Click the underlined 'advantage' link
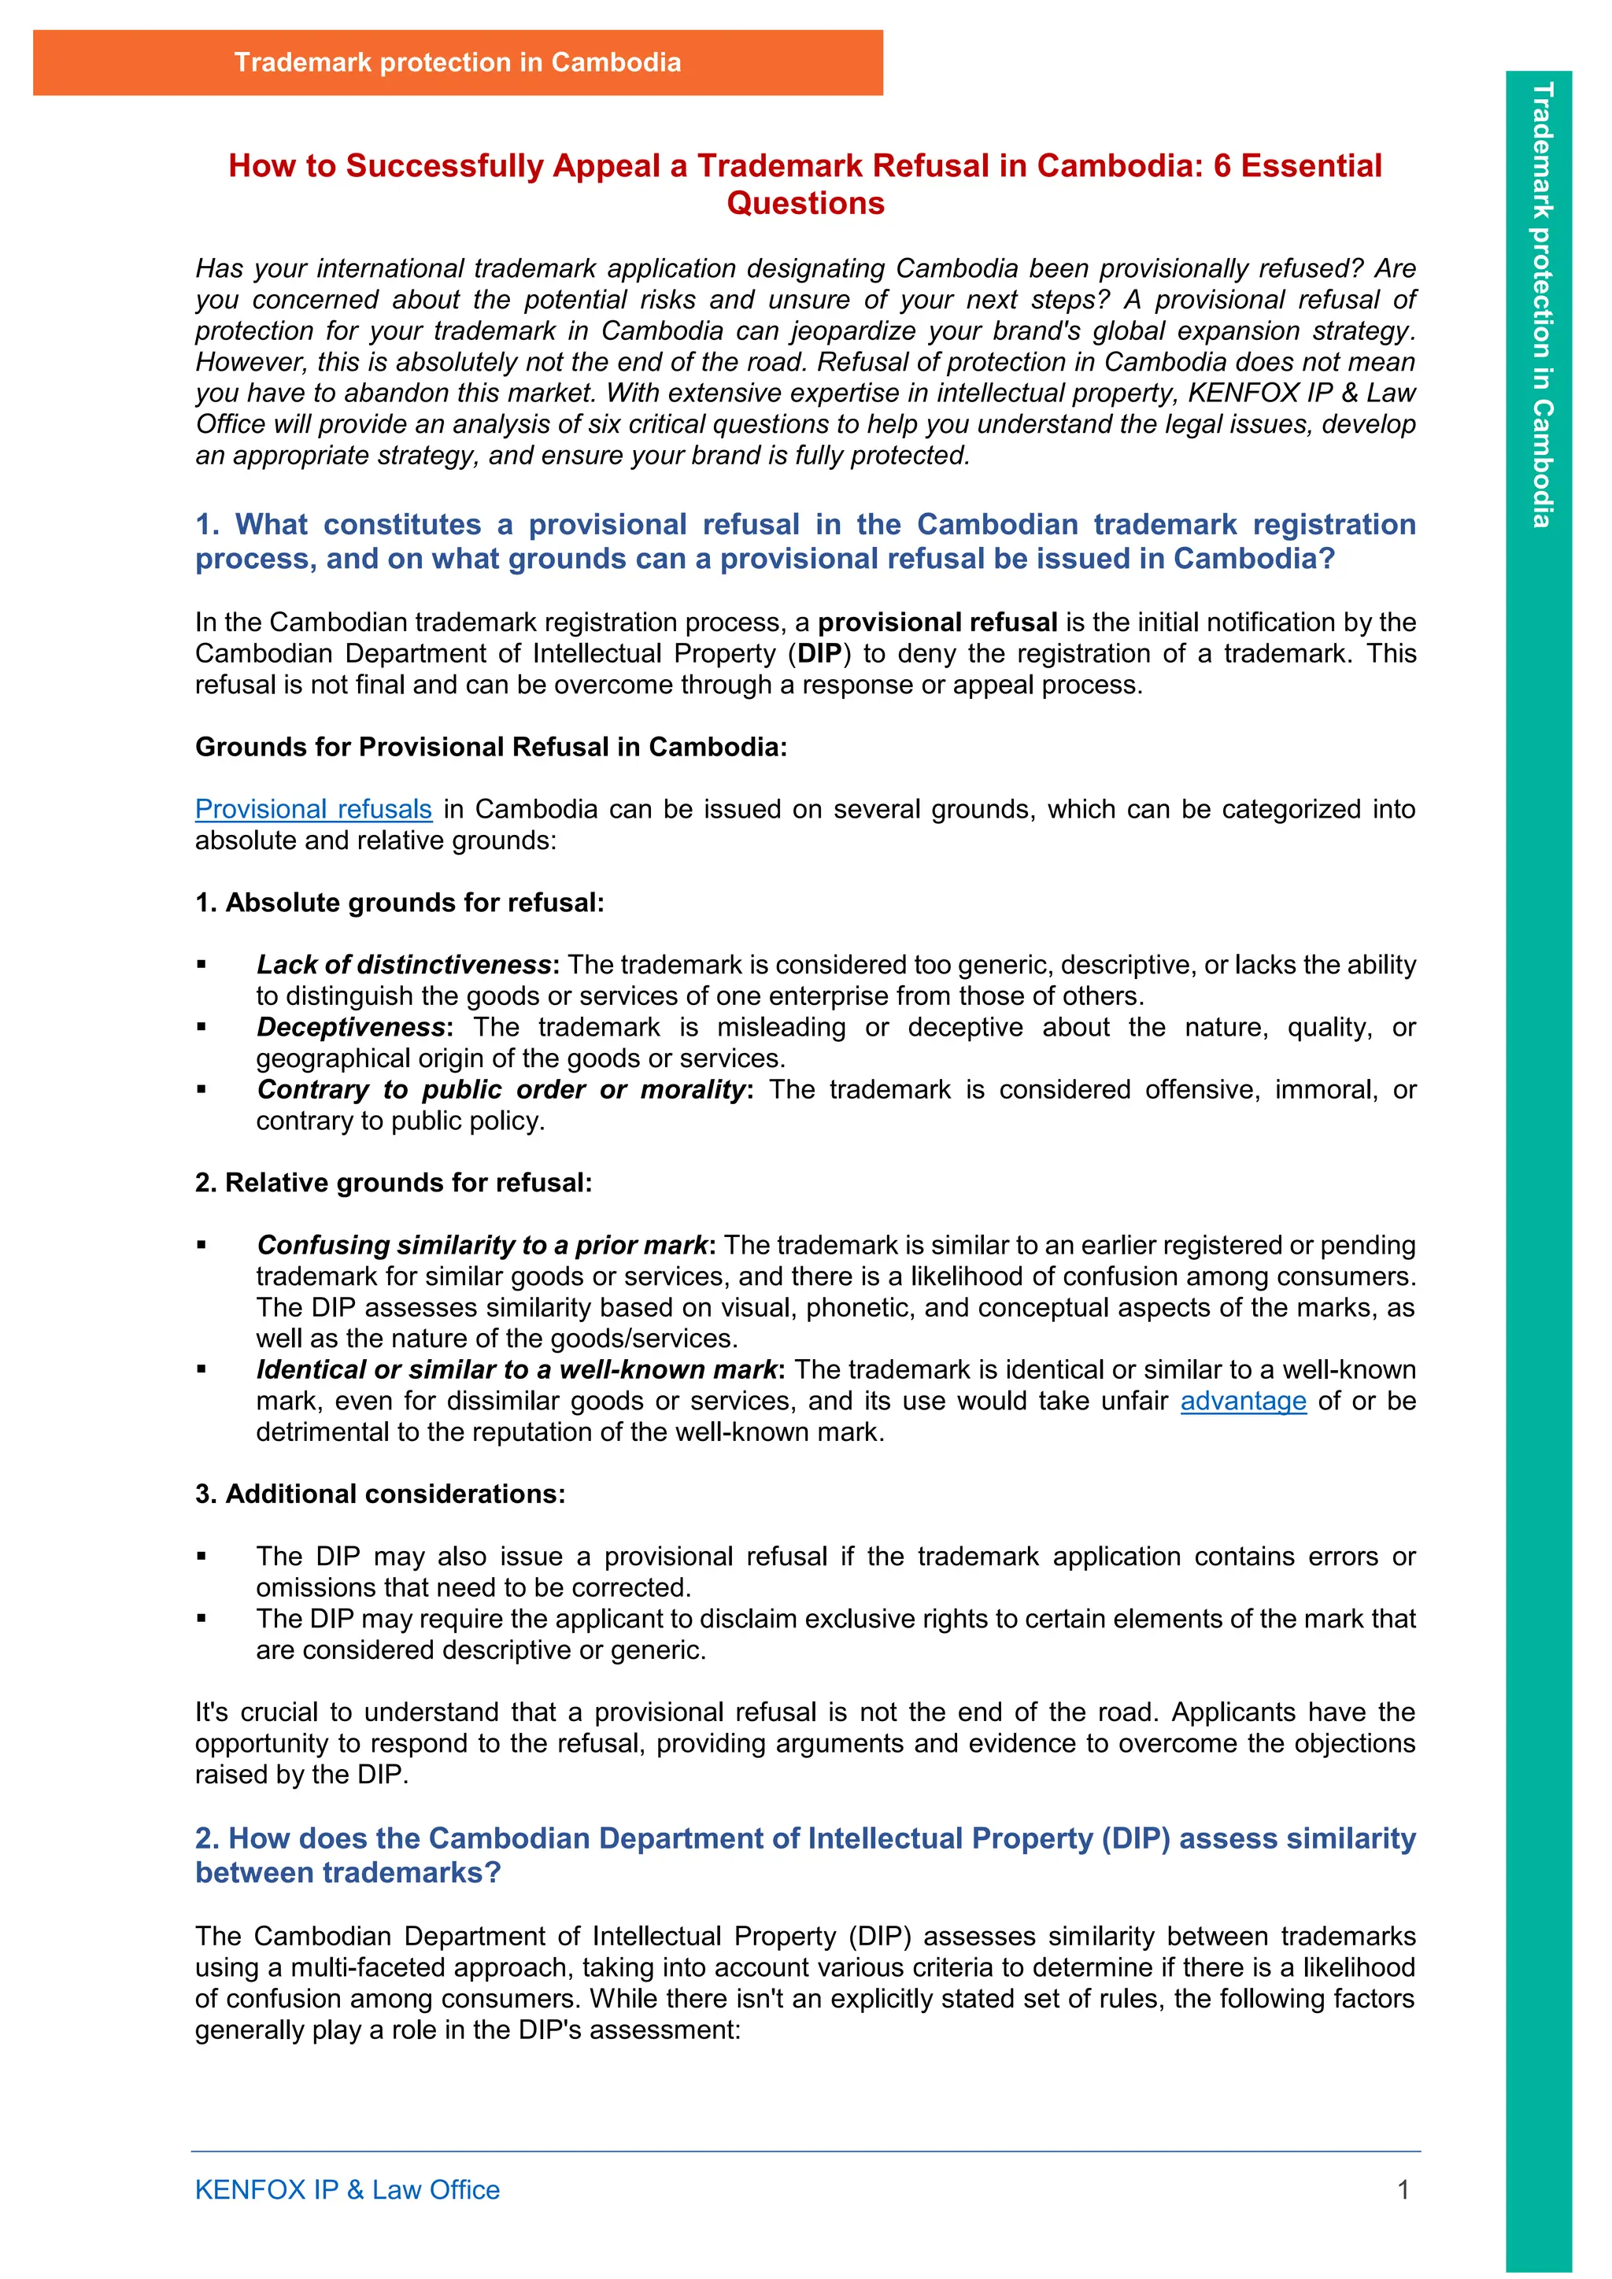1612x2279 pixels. (1243, 1401)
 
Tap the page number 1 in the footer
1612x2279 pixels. (1403, 2189)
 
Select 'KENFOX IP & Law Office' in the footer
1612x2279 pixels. (347, 2189)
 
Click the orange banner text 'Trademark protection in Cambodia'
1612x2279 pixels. (457, 62)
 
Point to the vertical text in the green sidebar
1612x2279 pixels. (1540, 305)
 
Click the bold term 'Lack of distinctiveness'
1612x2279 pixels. (404, 965)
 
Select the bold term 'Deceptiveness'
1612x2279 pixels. (350, 1026)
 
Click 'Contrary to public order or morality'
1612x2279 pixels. (501, 1089)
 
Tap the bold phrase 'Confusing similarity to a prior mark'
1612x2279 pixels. (482, 1245)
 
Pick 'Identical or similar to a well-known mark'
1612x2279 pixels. (516, 1370)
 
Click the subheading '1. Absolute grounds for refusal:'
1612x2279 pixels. (399, 903)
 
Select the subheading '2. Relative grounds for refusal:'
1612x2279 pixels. (393, 1182)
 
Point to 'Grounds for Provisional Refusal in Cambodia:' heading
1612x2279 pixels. (490, 747)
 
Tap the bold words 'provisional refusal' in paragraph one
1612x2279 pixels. (937, 622)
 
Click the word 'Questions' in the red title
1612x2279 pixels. (805, 204)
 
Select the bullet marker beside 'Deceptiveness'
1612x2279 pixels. (201, 1027)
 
